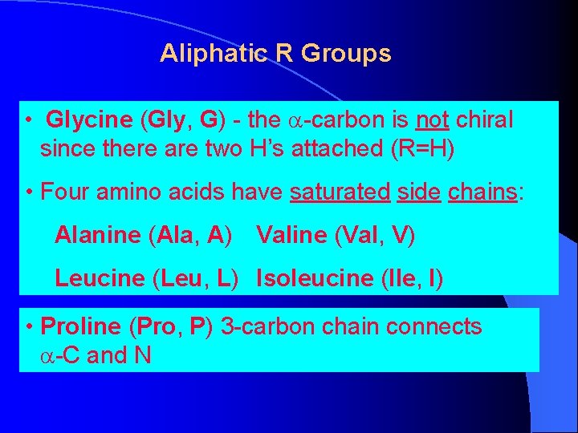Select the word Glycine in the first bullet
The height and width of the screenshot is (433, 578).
89,121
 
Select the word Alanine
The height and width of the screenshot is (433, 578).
98,236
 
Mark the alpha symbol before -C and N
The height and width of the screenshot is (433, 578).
48,355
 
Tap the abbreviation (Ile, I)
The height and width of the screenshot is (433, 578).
410,279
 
